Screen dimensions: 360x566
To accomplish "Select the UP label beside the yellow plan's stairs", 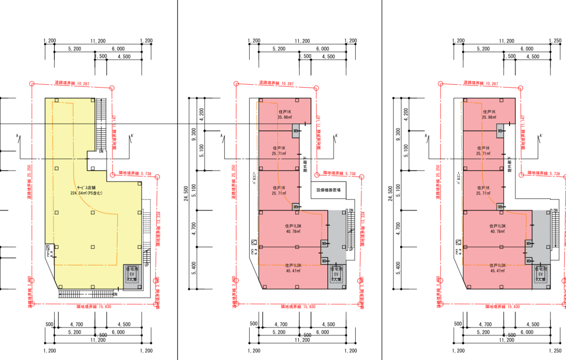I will [147, 265].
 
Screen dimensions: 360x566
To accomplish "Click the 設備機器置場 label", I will [328, 190].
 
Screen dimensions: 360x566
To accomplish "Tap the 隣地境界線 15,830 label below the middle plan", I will [298, 307].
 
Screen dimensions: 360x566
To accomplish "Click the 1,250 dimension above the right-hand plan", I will [555, 41].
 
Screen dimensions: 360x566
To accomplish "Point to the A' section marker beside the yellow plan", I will [133, 136].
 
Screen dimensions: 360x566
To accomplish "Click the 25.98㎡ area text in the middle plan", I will [285, 117].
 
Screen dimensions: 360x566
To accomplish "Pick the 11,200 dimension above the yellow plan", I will [98, 41].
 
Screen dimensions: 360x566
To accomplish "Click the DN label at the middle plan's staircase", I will [351, 210].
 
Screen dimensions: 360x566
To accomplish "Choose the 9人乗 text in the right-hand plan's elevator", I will [540, 280].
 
